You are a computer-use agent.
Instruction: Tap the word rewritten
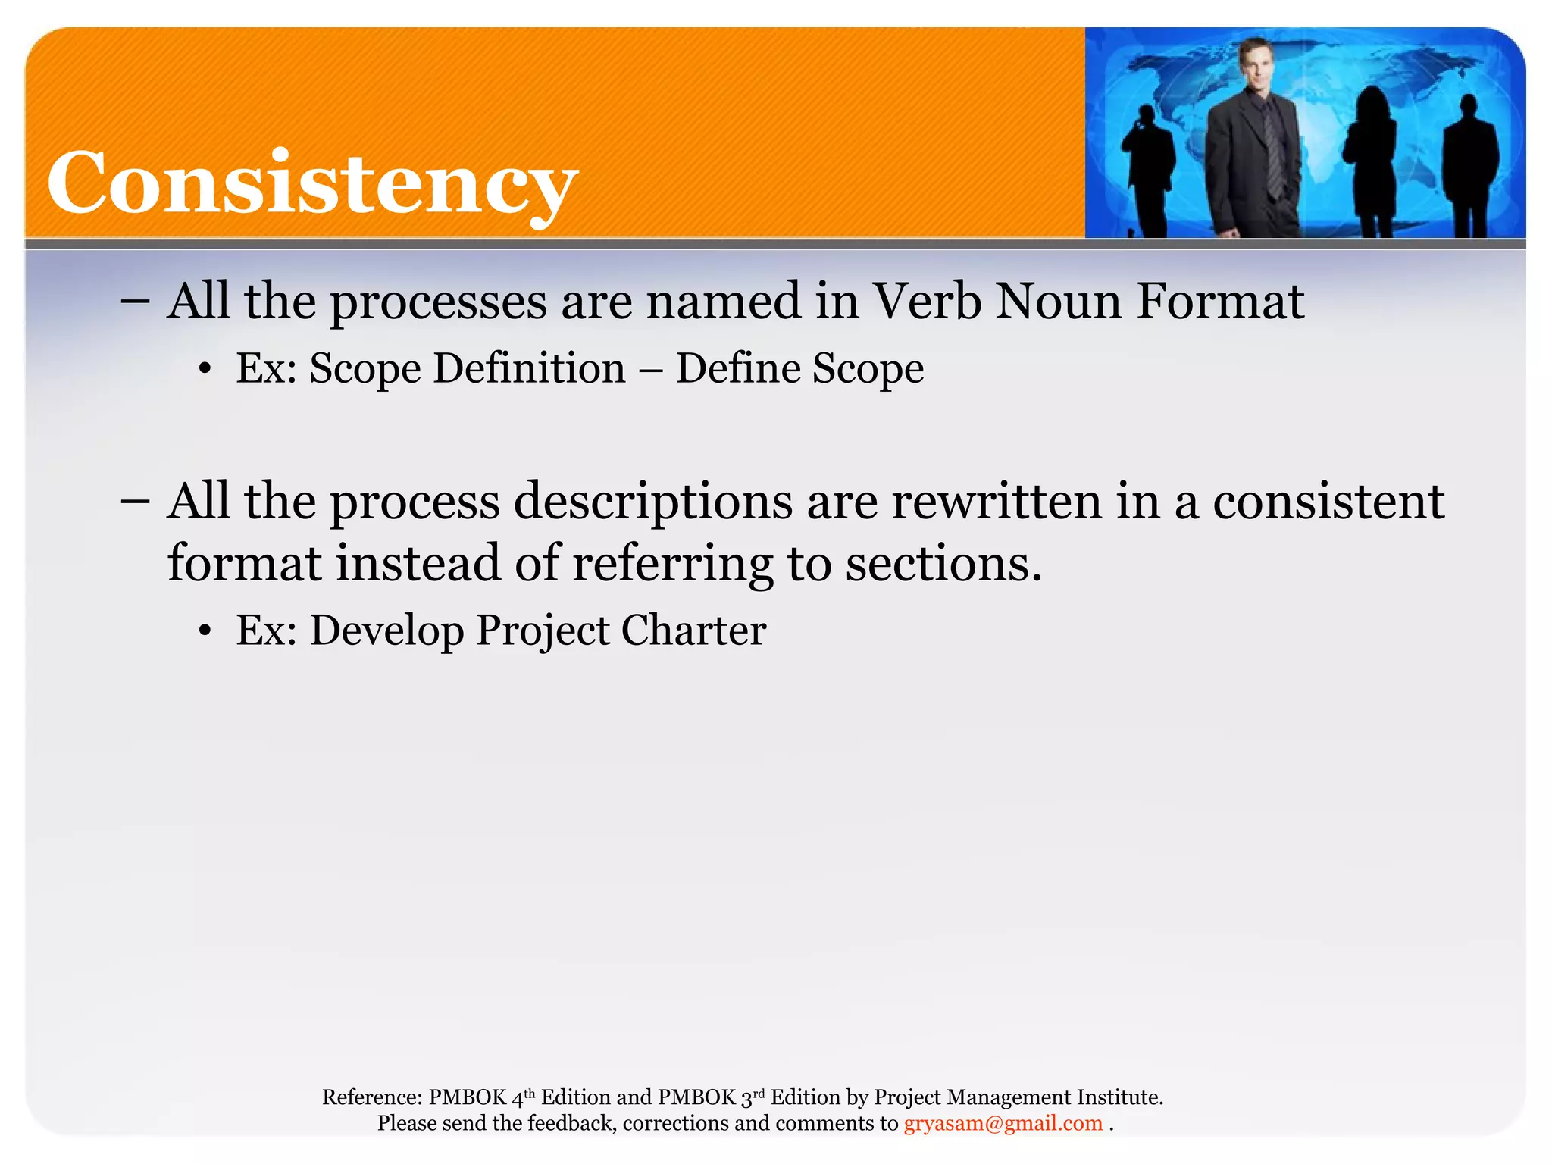tap(996, 502)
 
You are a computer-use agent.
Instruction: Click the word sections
tap(943, 565)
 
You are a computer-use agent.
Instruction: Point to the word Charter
tap(693, 630)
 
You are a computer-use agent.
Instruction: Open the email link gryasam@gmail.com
tap(1003, 1123)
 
